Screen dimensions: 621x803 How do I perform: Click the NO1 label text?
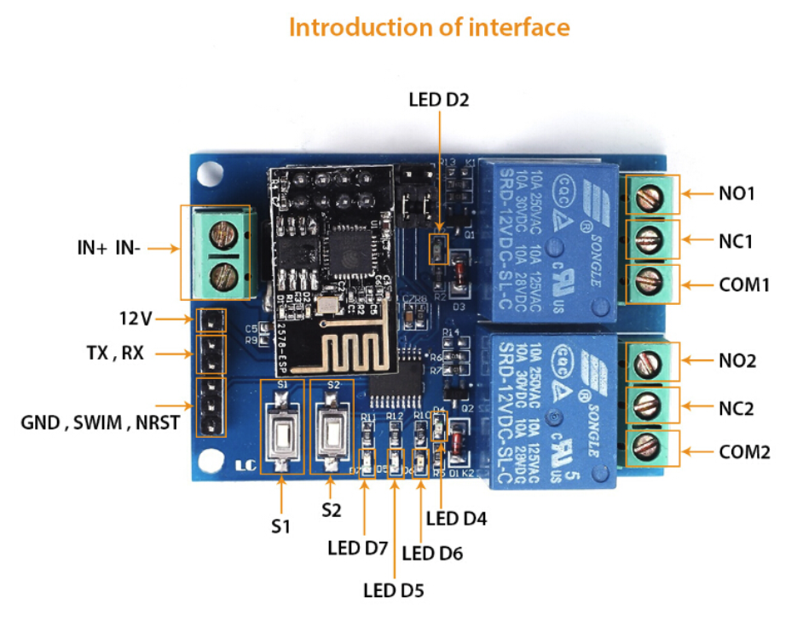(x=736, y=193)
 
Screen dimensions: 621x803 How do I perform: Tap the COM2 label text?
(x=744, y=451)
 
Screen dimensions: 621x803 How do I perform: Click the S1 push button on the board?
(x=283, y=429)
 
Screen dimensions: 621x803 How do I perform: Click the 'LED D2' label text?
(x=439, y=101)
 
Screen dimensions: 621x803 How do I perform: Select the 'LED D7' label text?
(x=358, y=547)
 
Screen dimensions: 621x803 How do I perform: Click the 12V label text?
(x=135, y=319)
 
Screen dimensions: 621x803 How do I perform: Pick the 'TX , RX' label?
(x=115, y=353)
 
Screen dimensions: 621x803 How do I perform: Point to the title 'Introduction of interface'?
(x=429, y=27)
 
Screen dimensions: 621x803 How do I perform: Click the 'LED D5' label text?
(x=393, y=589)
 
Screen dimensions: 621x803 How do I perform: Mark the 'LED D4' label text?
(x=456, y=516)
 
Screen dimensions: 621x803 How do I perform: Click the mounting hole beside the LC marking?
(x=210, y=462)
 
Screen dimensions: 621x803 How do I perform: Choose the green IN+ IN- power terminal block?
(x=223, y=252)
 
